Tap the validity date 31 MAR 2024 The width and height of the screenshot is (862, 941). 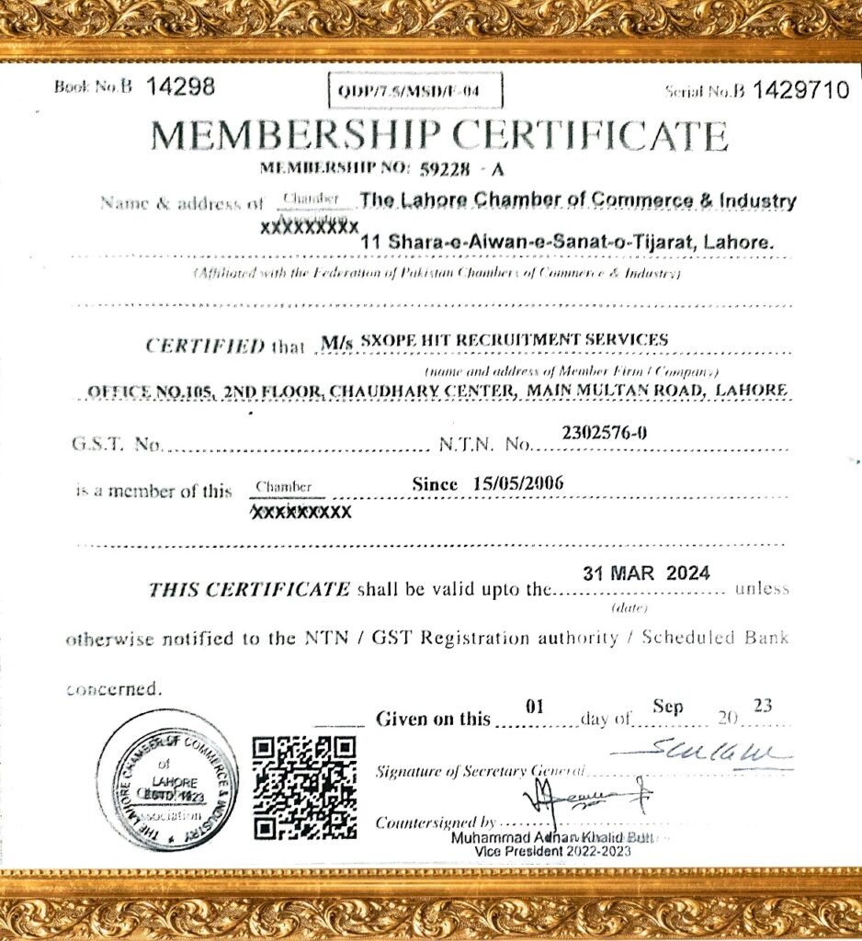point(646,573)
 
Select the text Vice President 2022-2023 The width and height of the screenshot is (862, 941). point(553,852)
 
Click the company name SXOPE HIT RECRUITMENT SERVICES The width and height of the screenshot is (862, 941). point(515,339)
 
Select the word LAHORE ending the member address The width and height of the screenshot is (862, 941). point(751,390)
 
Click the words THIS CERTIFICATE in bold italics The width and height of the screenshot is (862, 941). point(249,589)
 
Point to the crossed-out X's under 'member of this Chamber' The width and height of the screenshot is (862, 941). point(301,511)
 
